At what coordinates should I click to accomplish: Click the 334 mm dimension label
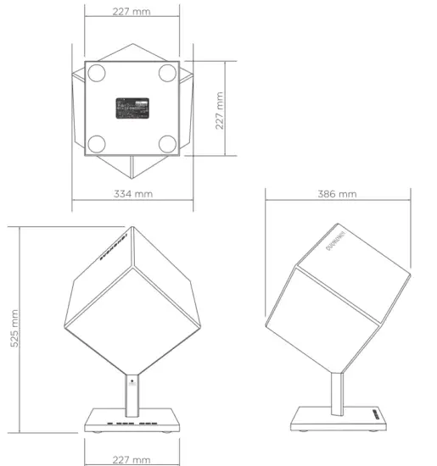coord(133,194)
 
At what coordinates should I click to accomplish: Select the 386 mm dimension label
coord(337,194)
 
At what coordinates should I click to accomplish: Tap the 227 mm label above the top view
coord(132,12)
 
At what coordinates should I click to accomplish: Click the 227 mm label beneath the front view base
coord(132,458)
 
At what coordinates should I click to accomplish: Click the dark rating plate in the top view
coord(132,107)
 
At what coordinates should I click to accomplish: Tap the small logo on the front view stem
coord(132,382)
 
